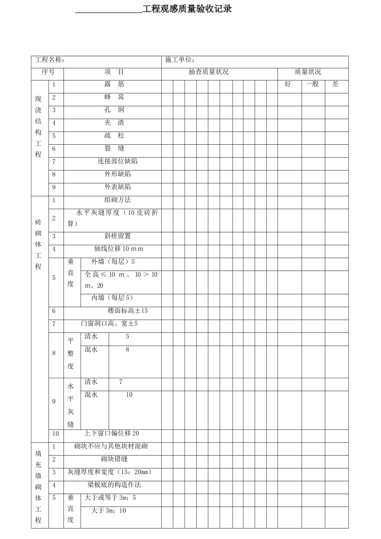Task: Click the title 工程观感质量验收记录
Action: pos(187,9)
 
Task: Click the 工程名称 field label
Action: pos(50,60)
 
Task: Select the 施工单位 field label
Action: pos(180,60)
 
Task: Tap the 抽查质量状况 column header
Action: pos(209,72)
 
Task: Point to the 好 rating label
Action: pos(288,84)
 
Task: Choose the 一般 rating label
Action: pos(312,84)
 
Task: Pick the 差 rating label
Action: pos(335,84)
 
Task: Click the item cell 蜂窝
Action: pos(114,97)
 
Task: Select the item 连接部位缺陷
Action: pos(118,161)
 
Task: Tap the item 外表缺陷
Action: pos(118,187)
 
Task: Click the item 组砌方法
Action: pos(118,200)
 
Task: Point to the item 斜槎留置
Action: pos(118,236)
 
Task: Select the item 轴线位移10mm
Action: pos(119,249)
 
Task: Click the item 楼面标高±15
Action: pos(128,311)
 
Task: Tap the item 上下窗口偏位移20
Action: pos(111,434)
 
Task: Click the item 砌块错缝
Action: pos(114,459)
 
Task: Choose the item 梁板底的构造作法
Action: pos(114,485)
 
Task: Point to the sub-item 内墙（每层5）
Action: pos(112,298)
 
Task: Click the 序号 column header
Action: pos(48,72)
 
